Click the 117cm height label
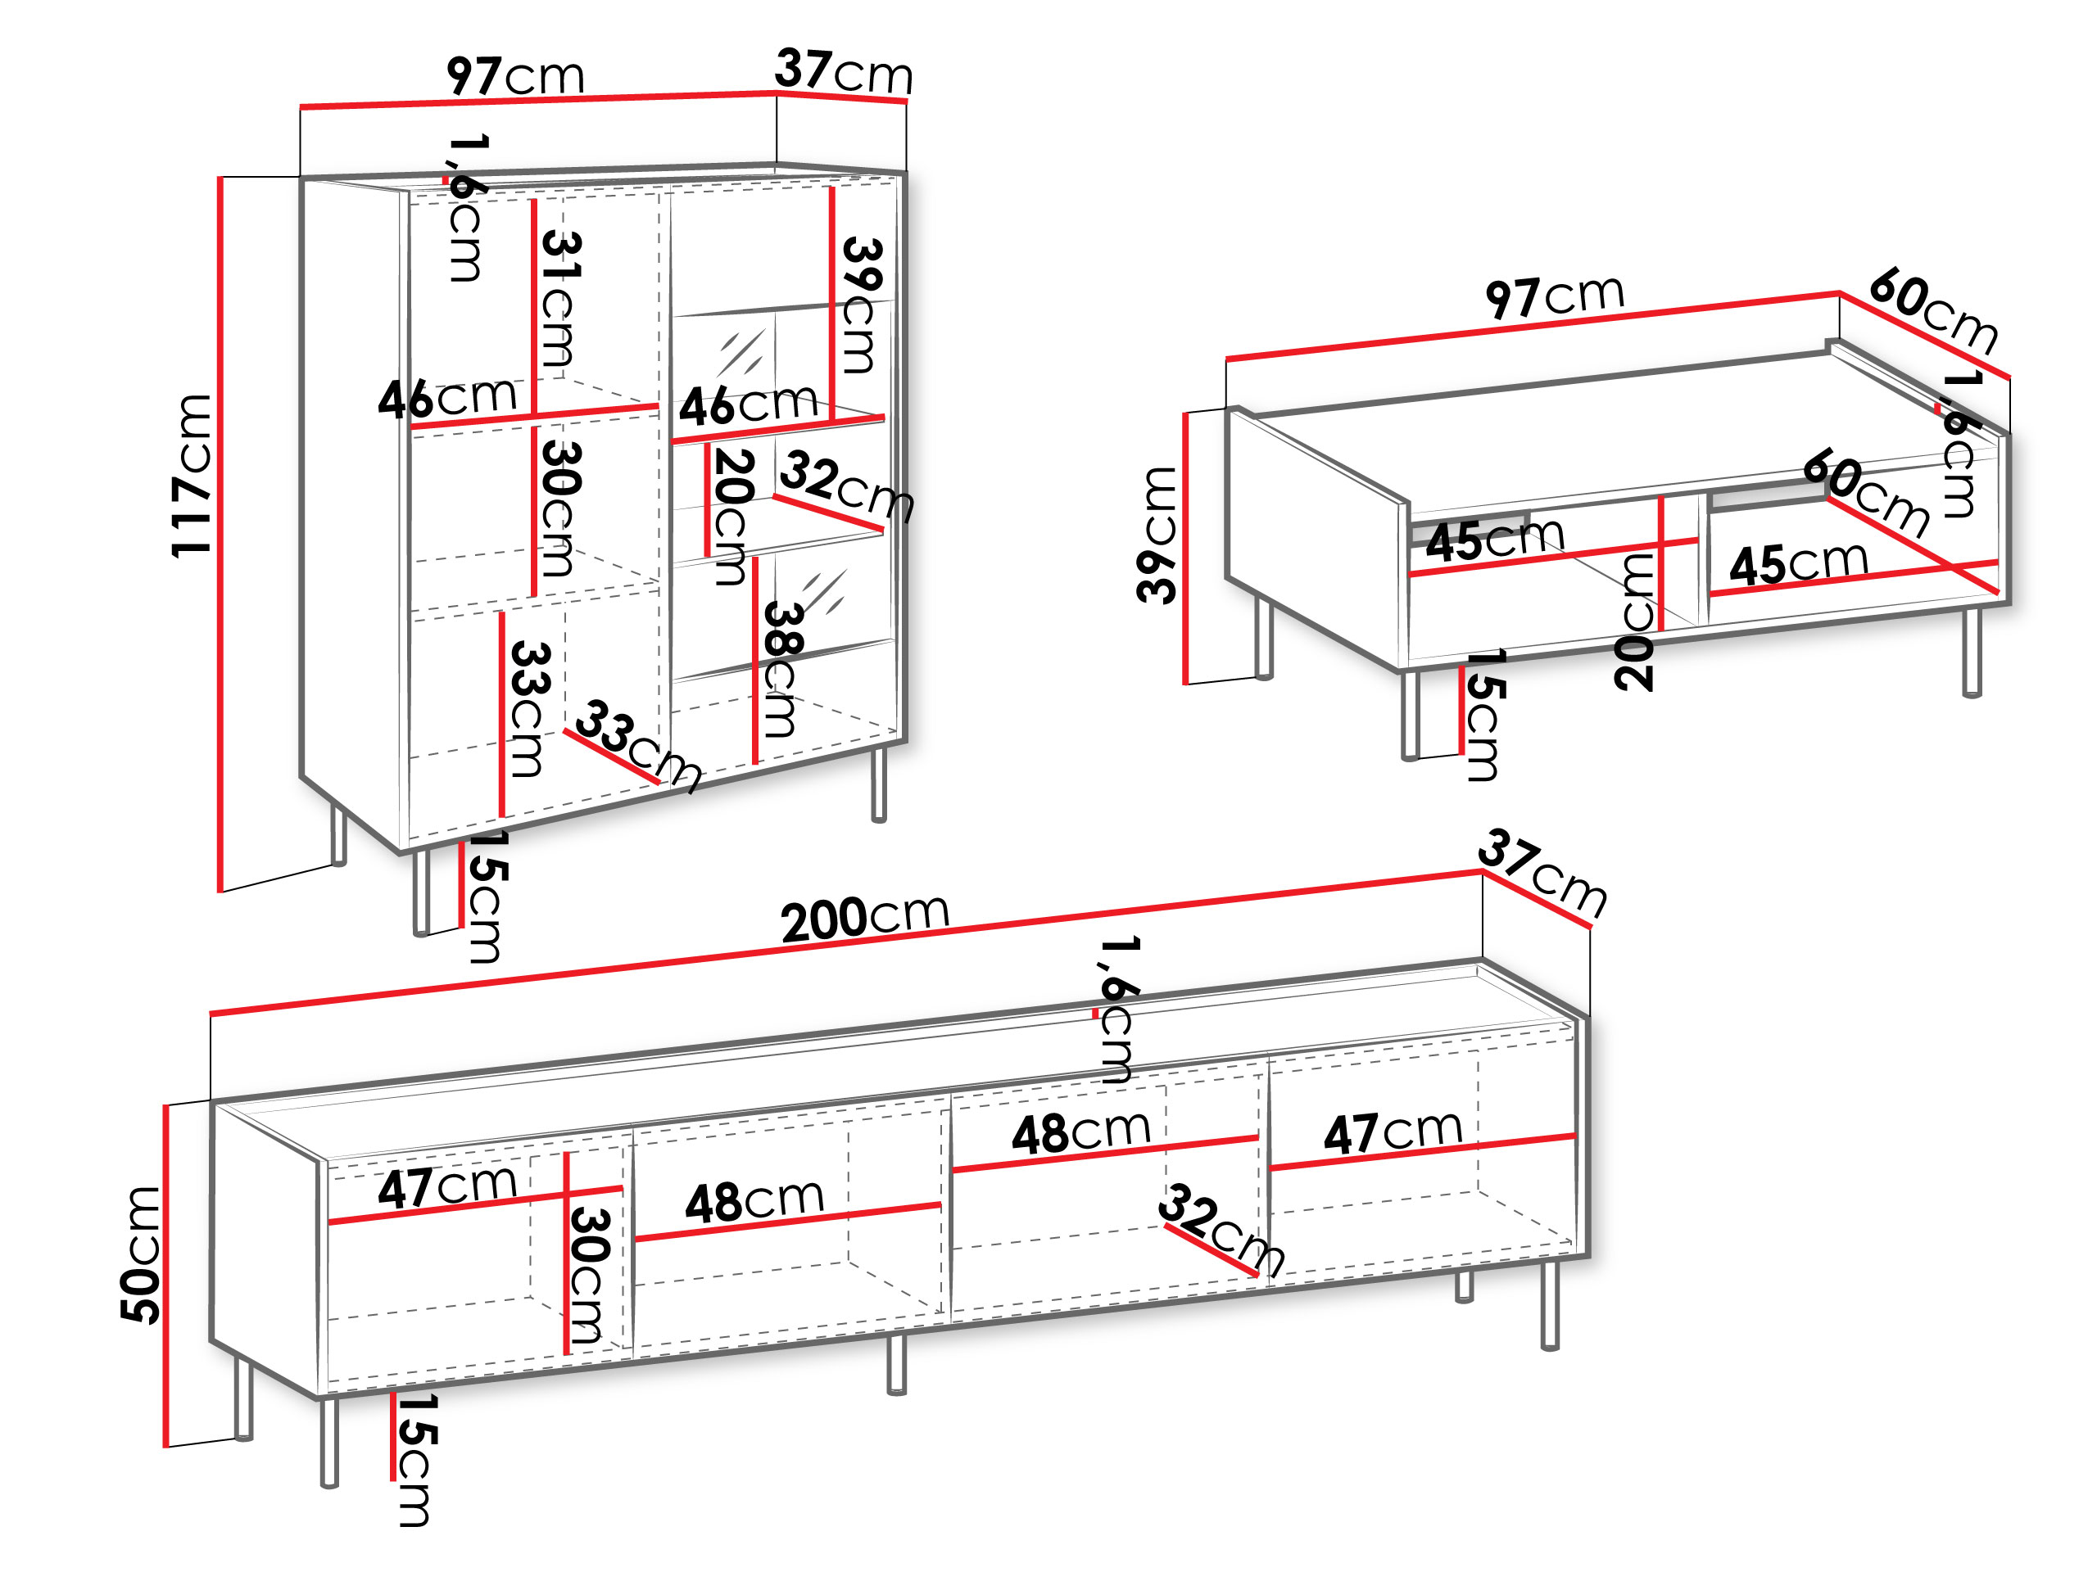pos(192,476)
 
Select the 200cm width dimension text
pos(864,917)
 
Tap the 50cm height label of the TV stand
pos(140,1254)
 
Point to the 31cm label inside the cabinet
pos(560,300)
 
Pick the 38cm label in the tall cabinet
pos(782,669)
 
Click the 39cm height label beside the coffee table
pos(1157,535)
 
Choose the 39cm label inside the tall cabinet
pos(862,305)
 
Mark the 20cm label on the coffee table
pos(1634,621)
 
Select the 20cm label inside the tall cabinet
pos(733,517)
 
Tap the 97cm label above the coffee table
pos(1555,296)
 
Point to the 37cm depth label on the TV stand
pos(1542,873)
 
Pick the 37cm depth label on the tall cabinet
pos(844,71)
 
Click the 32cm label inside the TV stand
pos(1222,1228)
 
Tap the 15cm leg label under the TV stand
pos(414,1459)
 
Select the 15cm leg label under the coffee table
pos(1483,715)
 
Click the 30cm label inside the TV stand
pos(588,1275)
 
